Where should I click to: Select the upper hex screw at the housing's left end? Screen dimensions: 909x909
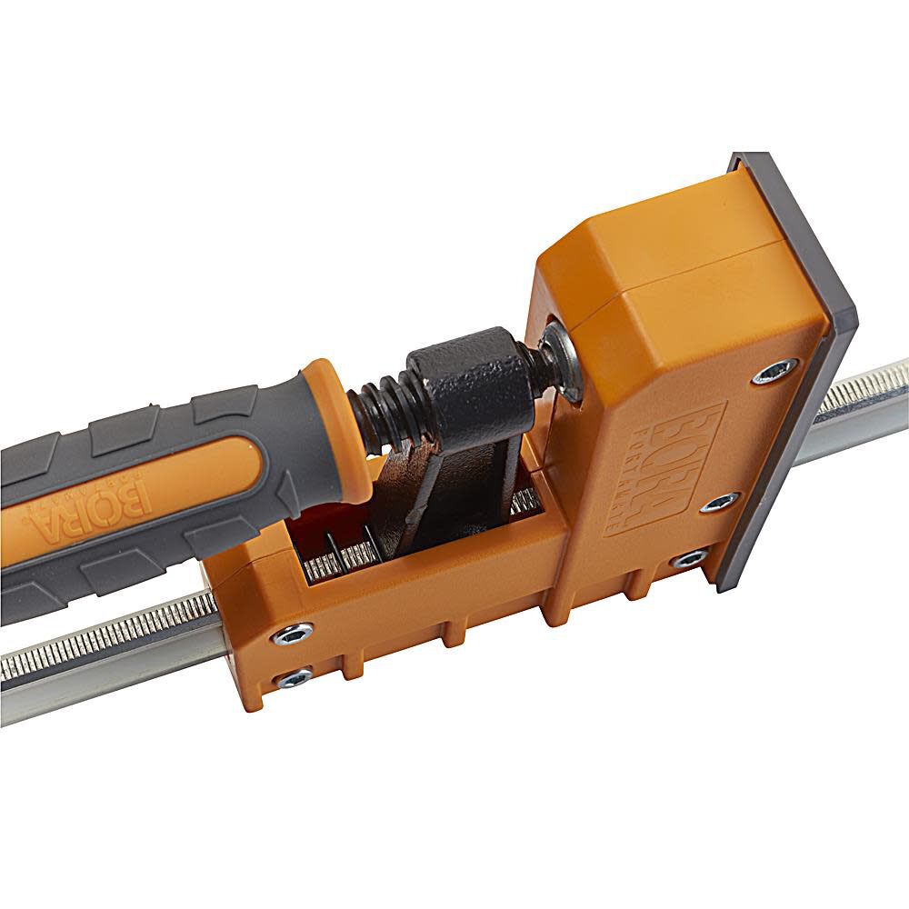(293, 633)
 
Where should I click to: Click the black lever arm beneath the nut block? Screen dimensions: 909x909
(414, 491)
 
